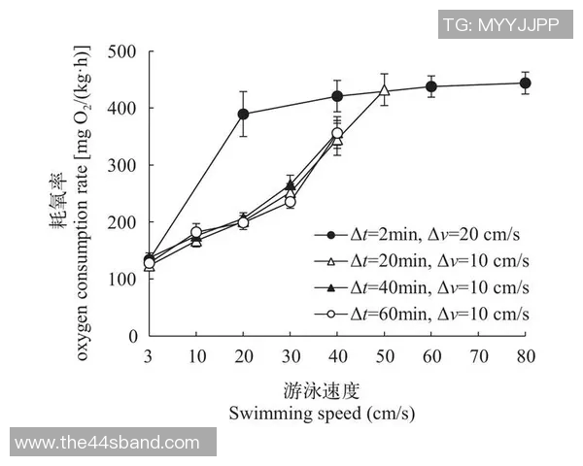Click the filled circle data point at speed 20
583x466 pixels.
tap(243, 114)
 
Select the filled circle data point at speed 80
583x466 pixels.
tap(525, 83)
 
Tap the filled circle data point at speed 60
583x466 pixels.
tap(430, 86)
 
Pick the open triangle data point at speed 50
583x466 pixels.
tap(384, 90)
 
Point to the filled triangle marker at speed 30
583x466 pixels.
tap(290, 184)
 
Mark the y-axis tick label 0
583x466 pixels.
tap(134, 336)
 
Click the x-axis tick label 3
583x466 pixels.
tap(149, 354)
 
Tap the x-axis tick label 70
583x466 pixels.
tap(478, 354)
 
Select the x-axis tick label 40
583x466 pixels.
tap(337, 354)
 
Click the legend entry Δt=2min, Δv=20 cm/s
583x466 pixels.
tap(422, 235)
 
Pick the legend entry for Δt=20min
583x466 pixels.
tap(422, 261)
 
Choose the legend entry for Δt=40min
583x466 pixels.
tap(422, 287)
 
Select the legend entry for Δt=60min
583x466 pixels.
tap(422, 314)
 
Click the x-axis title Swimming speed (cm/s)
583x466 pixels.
tap(323, 414)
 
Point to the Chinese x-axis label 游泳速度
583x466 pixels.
tap(323, 391)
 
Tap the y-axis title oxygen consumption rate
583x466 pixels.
tap(84, 194)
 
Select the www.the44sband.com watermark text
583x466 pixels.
tap(108, 443)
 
